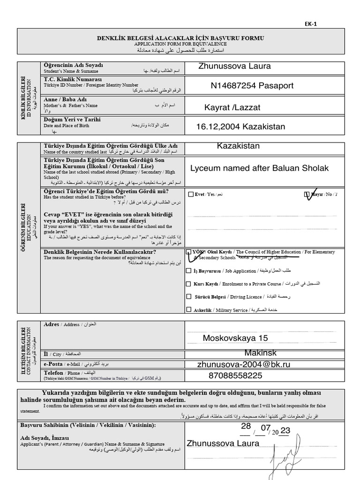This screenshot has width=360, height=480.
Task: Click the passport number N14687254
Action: click(x=232, y=85)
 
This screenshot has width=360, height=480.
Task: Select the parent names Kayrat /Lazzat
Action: click(x=232, y=108)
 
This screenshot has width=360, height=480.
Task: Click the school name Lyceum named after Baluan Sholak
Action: click(x=260, y=168)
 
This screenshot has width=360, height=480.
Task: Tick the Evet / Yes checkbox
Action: click(x=190, y=194)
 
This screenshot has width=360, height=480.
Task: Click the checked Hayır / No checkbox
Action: click(x=307, y=194)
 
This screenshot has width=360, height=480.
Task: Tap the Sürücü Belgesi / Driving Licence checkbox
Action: click(x=188, y=297)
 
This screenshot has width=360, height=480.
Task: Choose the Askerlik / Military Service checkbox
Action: click(x=188, y=309)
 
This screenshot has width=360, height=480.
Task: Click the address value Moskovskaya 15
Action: click(x=235, y=338)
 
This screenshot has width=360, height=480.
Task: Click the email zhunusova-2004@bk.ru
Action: click(x=244, y=364)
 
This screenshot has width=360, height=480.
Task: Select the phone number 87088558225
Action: click(x=235, y=375)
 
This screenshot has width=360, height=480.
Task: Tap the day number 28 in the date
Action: click(x=246, y=426)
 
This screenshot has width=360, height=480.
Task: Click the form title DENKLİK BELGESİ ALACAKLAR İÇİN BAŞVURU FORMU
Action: click(x=180, y=37)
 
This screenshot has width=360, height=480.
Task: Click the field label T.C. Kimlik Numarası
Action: click(x=73, y=80)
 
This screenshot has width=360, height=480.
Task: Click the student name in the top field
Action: click(x=234, y=66)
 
